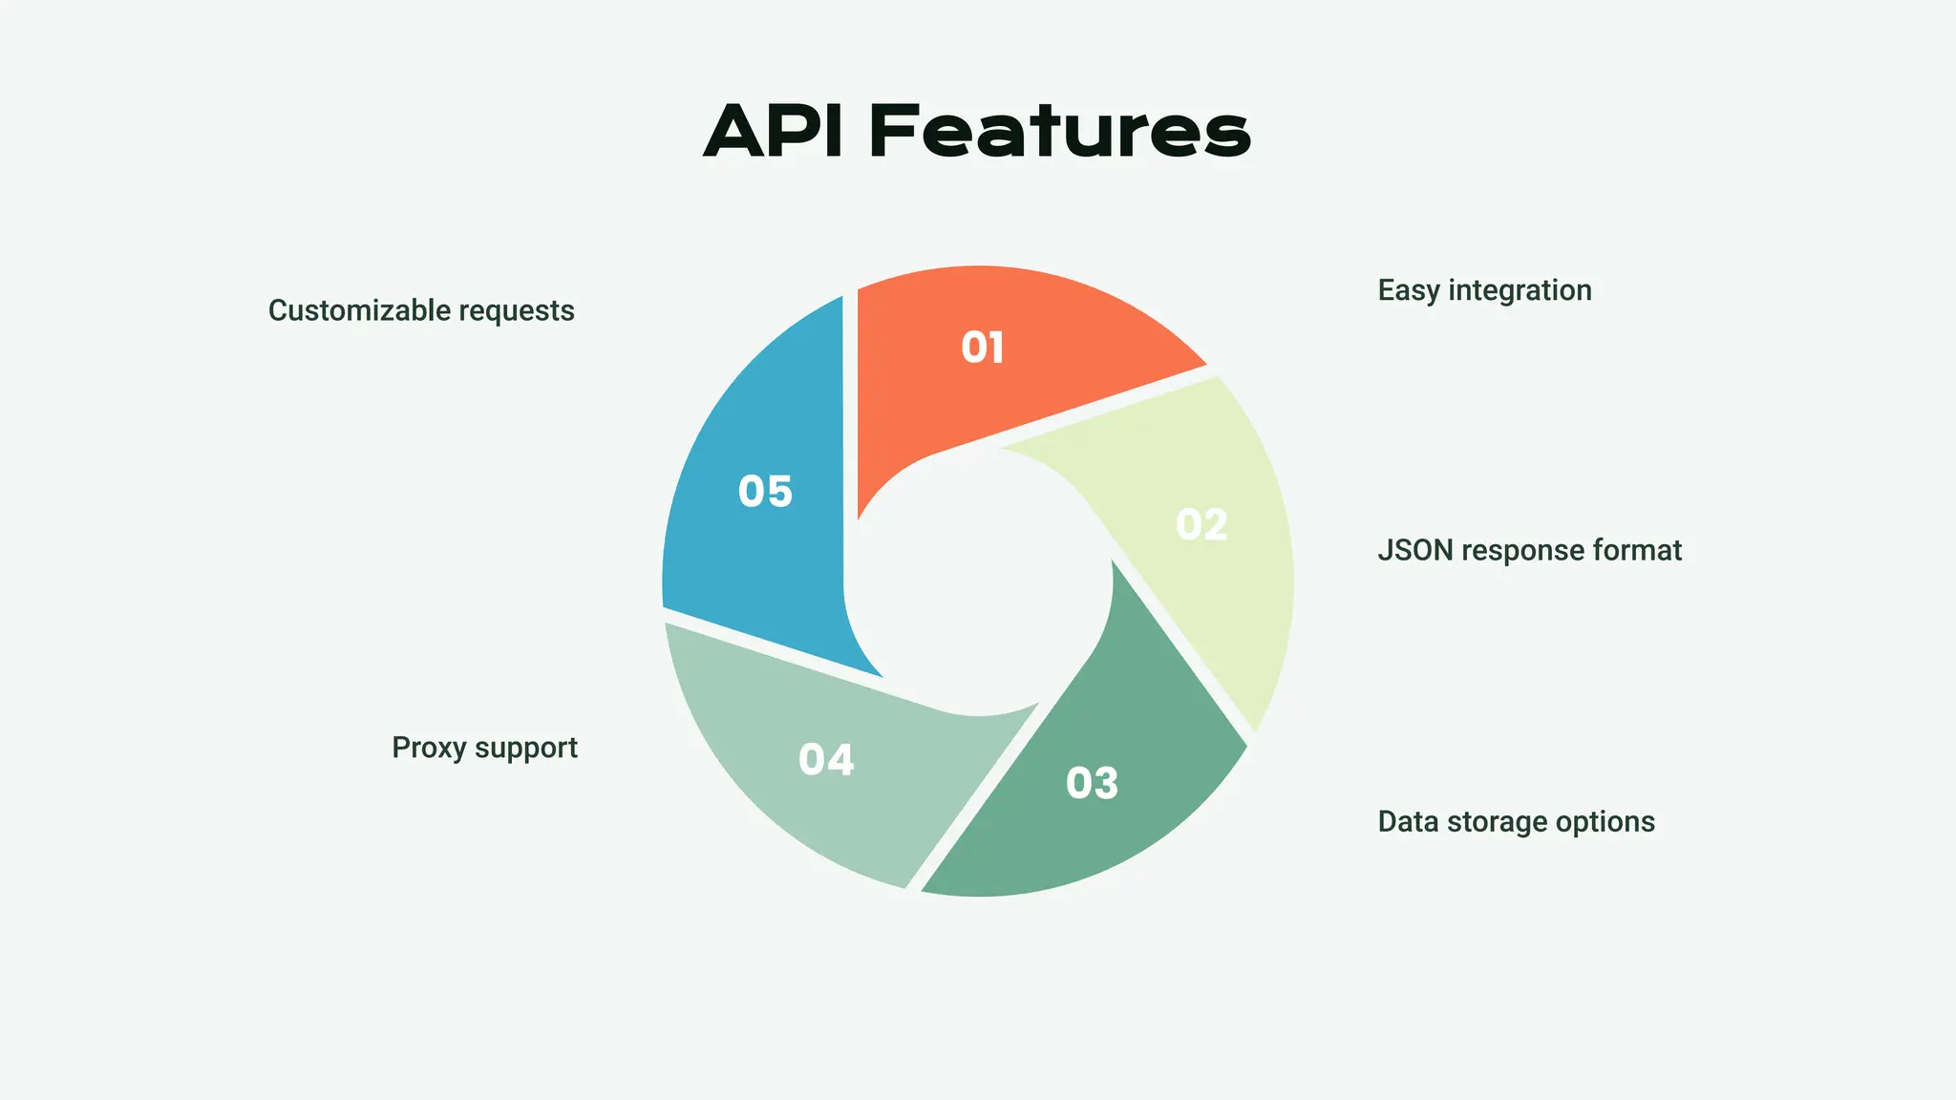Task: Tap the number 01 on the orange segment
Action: [982, 348]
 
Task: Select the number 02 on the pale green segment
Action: [1201, 525]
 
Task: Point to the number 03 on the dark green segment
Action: [1092, 784]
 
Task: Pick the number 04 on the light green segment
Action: [826, 760]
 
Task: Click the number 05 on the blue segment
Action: [765, 492]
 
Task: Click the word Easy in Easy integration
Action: [1409, 290]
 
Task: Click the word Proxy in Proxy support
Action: [429, 748]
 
